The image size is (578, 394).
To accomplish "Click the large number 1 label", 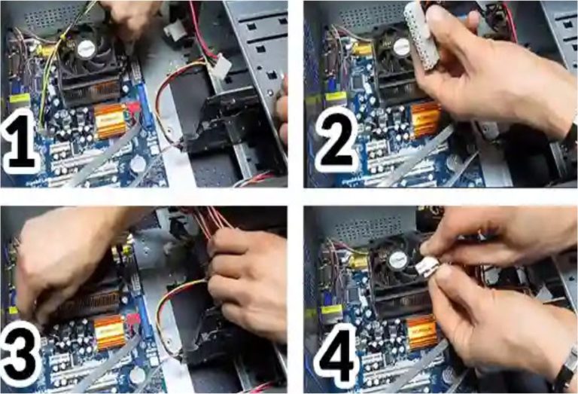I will [x=20, y=140].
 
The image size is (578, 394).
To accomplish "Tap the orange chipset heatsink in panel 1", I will [x=111, y=121].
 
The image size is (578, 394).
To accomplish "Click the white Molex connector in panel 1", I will [x=220, y=66].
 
